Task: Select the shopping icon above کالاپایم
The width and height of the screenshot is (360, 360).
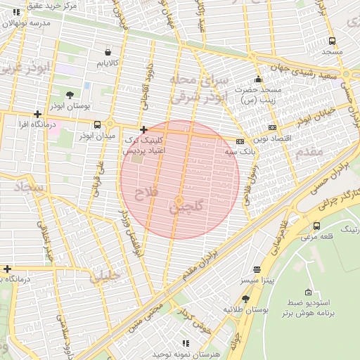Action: pyautogui.click(x=107, y=52)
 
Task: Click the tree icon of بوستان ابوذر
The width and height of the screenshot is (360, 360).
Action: pyautogui.click(x=70, y=94)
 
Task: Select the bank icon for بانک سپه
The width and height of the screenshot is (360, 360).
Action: pyautogui.click(x=240, y=141)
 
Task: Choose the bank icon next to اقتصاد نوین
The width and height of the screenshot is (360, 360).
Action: pyautogui.click(x=272, y=127)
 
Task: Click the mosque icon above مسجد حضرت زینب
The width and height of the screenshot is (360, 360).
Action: pyautogui.click(x=259, y=79)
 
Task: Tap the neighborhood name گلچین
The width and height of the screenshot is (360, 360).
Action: pyautogui.click(x=186, y=207)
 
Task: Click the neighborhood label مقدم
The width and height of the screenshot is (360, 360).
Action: pyautogui.click(x=309, y=152)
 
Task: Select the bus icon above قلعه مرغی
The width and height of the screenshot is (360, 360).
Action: pyautogui.click(x=316, y=226)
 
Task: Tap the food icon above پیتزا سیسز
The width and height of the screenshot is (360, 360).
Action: pyautogui.click(x=257, y=269)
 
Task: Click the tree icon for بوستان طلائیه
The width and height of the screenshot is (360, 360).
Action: pyautogui.click(x=245, y=299)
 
